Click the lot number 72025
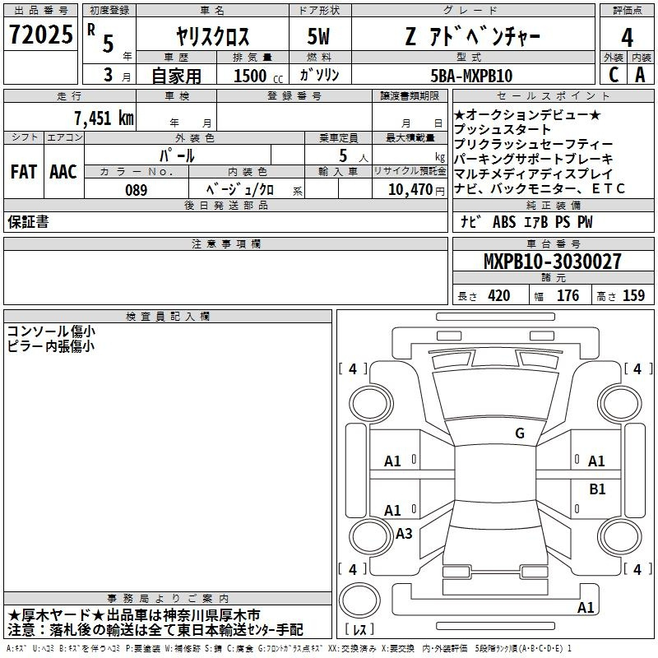(40, 35)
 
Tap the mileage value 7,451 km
(104, 118)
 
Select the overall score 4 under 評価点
(627, 38)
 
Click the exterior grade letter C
(614, 75)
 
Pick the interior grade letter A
(640, 75)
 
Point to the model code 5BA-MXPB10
(471, 76)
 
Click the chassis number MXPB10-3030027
(553, 261)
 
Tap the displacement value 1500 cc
(258, 76)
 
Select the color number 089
(137, 190)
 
